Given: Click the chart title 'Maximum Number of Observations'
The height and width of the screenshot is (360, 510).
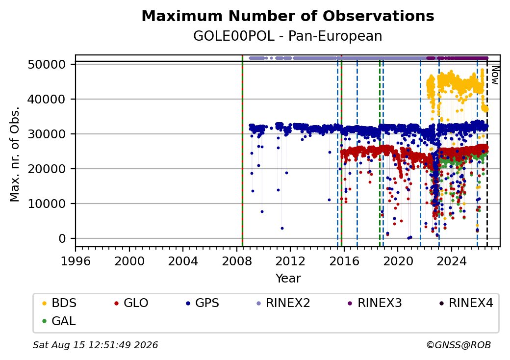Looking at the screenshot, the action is point(288,16).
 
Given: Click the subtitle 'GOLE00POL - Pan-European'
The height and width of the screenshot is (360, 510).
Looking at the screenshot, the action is point(288,36).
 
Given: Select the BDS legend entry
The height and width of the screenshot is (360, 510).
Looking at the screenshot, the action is point(59,303).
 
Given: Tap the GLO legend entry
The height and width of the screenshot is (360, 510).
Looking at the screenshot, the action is point(131,303).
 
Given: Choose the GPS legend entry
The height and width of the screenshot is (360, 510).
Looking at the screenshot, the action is point(203,303).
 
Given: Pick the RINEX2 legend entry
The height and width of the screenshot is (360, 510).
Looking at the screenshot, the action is point(283,303).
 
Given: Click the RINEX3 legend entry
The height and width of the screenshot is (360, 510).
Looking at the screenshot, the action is point(375,303).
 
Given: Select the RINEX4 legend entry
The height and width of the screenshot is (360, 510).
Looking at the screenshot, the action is point(466,303).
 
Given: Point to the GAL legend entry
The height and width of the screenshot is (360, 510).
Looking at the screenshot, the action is point(59,321).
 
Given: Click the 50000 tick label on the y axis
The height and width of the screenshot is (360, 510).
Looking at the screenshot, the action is point(47,64).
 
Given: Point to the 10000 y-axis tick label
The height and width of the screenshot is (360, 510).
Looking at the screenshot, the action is point(47,204).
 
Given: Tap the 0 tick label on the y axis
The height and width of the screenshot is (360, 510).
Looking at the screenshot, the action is point(62,239).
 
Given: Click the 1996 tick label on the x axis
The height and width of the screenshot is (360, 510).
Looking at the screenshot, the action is point(76,261).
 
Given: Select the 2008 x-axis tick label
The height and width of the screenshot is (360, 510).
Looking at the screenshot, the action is point(237,261).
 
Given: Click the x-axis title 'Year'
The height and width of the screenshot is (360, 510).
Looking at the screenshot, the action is point(288,279).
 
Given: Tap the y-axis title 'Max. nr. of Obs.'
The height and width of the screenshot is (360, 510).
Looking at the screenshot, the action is point(15,154).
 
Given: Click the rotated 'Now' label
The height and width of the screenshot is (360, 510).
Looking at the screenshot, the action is point(495,75).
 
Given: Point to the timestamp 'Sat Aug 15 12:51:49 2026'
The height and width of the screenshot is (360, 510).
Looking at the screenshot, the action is point(96,345).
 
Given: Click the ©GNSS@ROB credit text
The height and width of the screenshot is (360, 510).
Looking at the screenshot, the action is point(459,345).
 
